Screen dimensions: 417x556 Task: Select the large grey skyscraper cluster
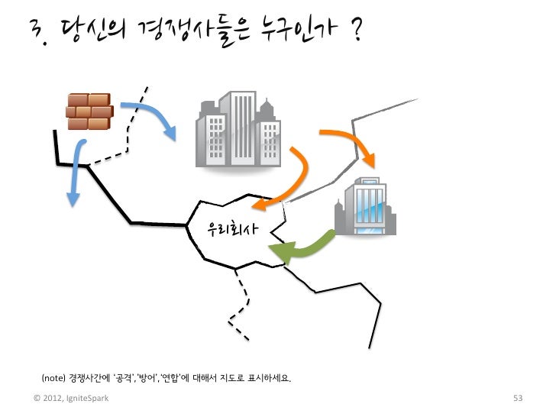tap(238, 131)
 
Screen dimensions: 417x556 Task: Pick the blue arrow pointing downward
tap(76, 176)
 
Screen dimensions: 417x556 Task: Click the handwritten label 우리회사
tap(233, 228)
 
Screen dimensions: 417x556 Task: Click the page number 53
tap(517, 399)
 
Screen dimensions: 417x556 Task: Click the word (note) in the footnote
tap(53, 379)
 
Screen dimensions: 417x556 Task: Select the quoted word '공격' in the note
tap(124, 379)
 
